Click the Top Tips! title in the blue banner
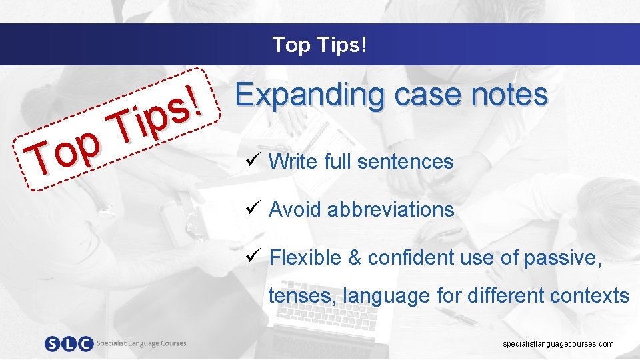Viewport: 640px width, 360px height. (x=319, y=45)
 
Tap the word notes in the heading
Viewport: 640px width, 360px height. (x=509, y=95)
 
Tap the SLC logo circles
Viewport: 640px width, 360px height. (x=69, y=344)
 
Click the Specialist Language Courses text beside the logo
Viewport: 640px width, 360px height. (x=141, y=343)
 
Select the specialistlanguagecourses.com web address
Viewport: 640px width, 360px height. (x=559, y=344)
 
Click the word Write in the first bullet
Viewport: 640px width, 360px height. (x=294, y=161)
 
